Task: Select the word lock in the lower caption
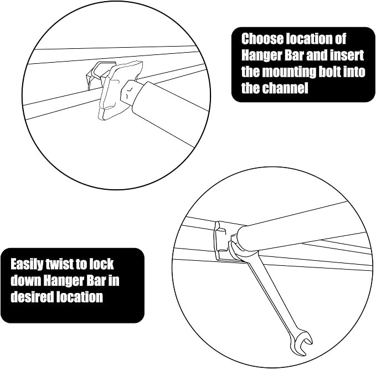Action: click(102, 265)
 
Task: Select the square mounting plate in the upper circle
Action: click(120, 90)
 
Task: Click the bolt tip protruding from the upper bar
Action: click(130, 92)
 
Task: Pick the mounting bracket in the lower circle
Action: click(222, 241)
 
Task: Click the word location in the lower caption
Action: click(80, 297)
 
